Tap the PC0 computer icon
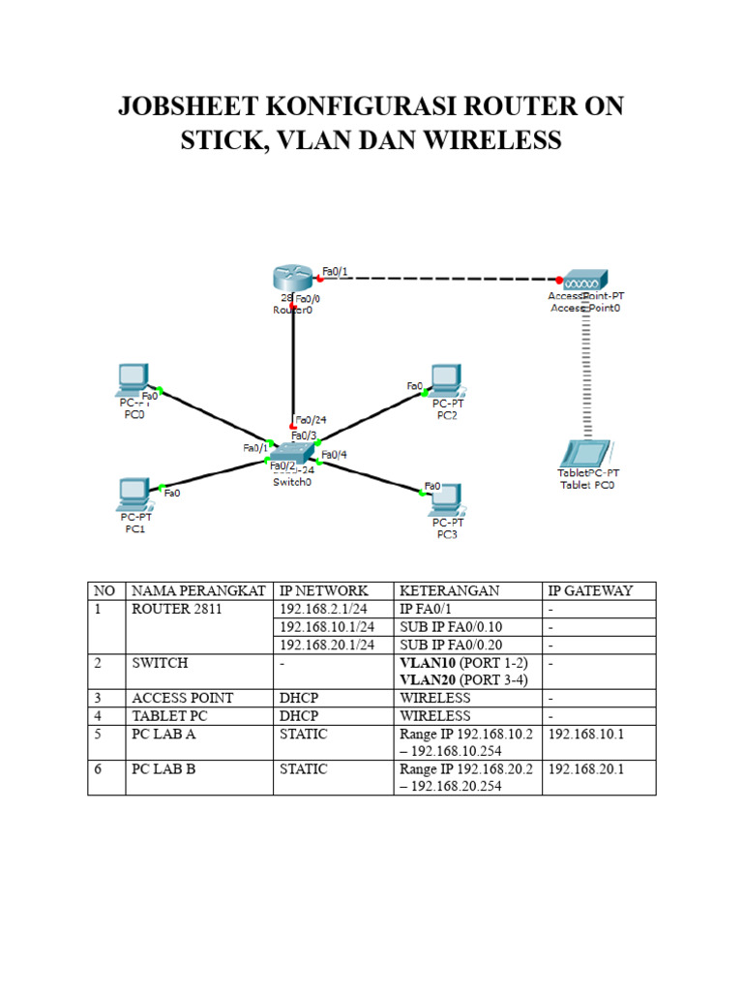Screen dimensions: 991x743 (x=132, y=380)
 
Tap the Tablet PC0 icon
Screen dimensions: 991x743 (x=586, y=454)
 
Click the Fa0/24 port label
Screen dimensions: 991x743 (x=312, y=420)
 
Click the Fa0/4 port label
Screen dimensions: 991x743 (x=334, y=454)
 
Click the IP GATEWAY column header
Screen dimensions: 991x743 (x=590, y=590)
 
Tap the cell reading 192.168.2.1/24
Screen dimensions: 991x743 (x=321, y=609)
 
